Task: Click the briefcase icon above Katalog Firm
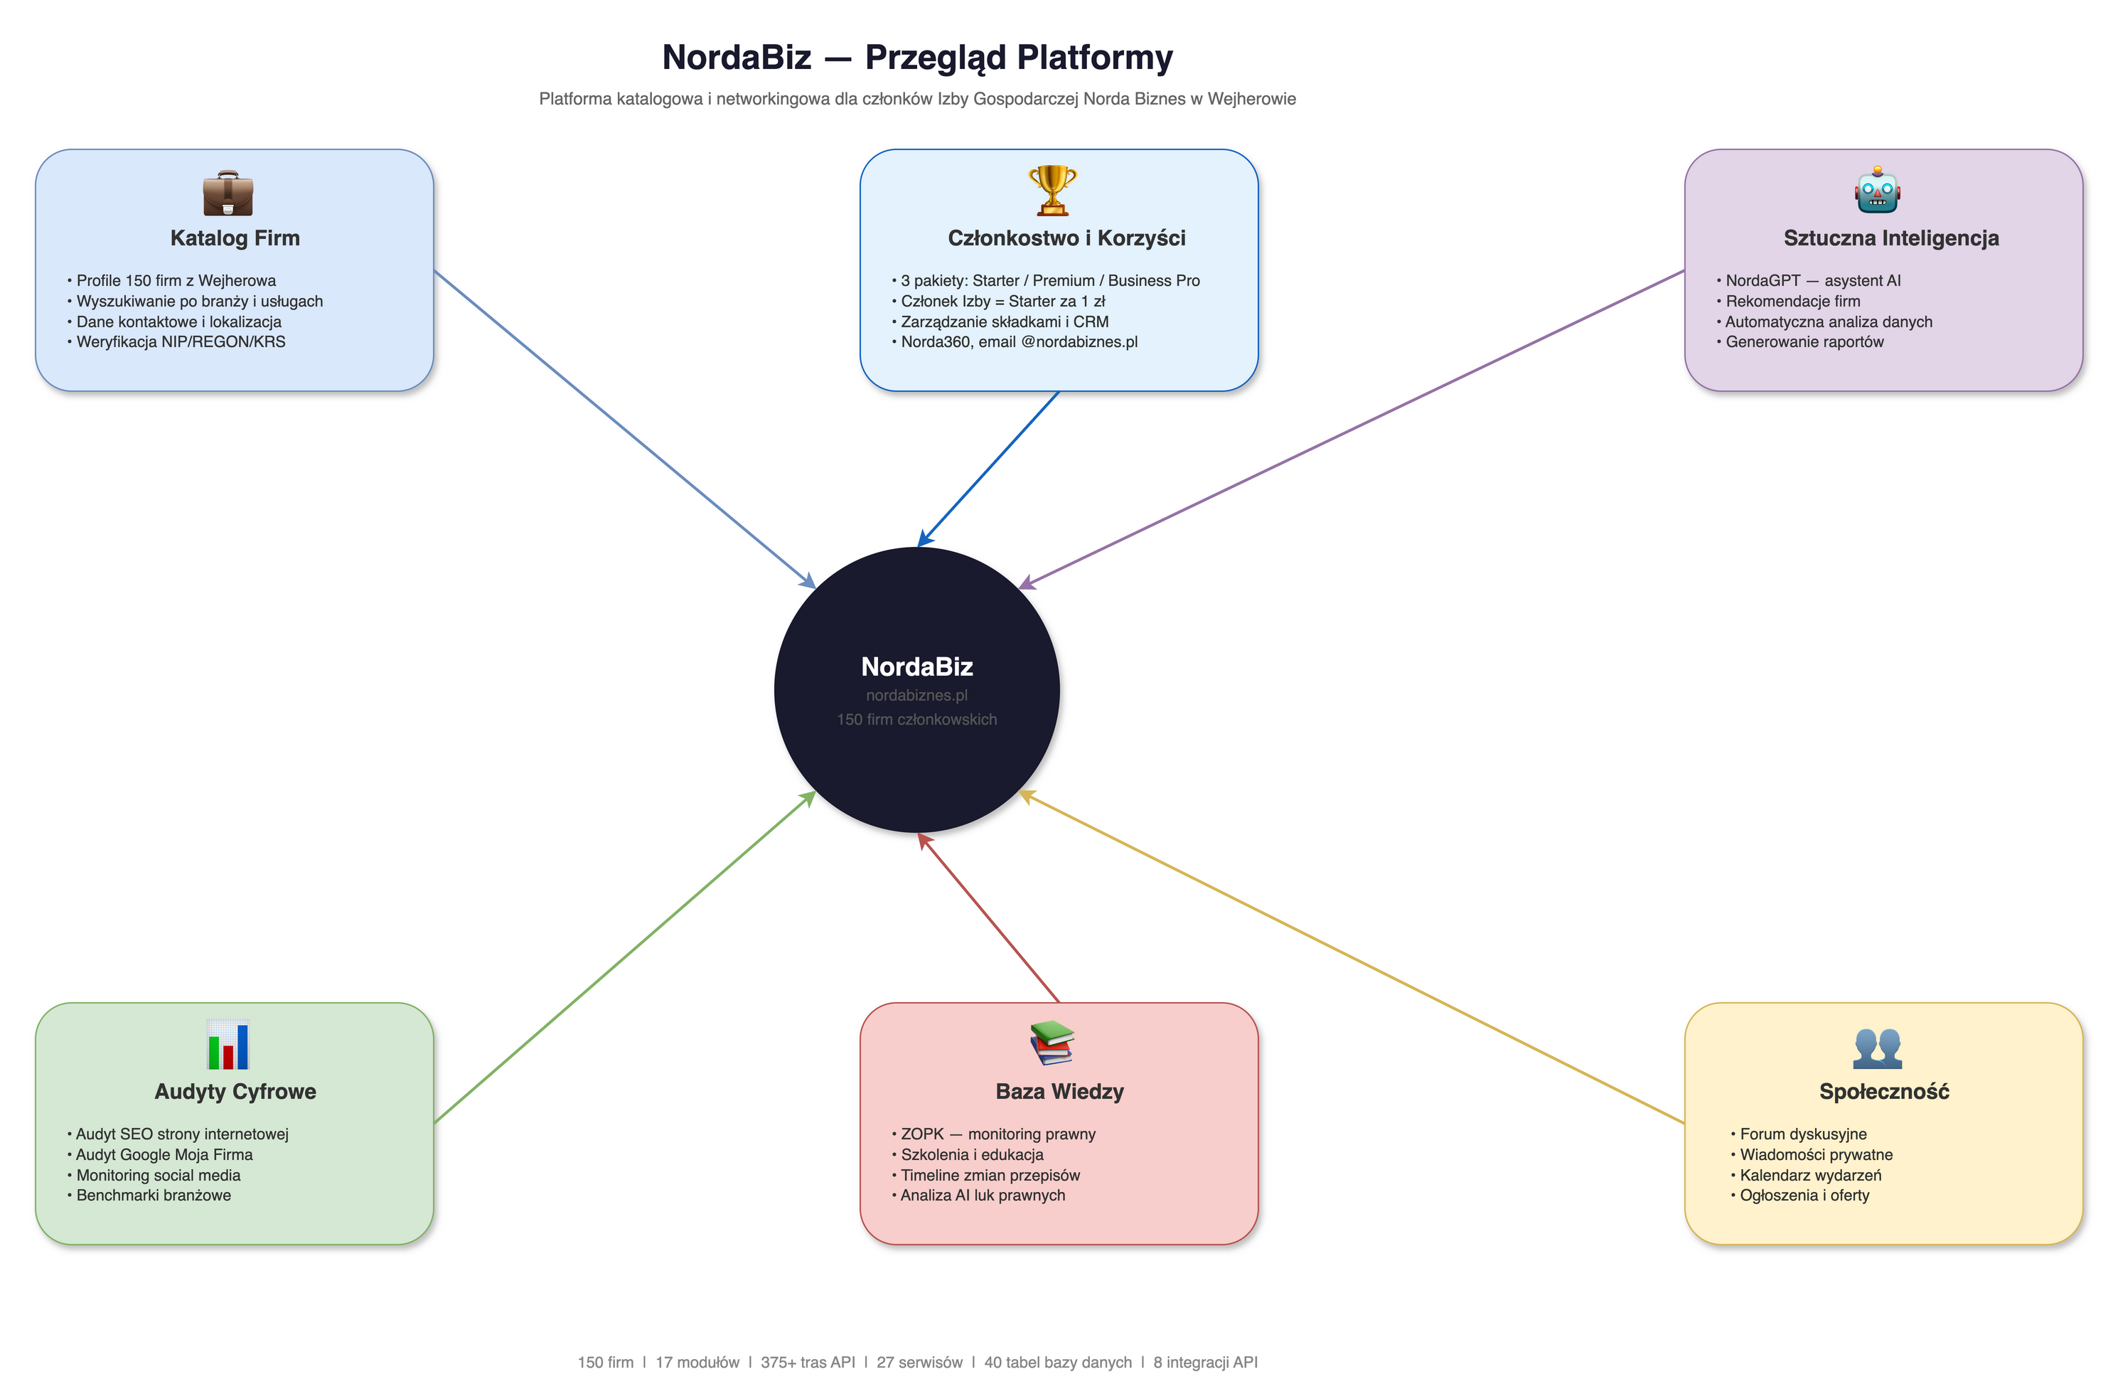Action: pyautogui.click(x=228, y=192)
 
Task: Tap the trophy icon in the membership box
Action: pyautogui.click(x=1052, y=191)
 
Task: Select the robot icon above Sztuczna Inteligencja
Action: pyautogui.click(x=1876, y=191)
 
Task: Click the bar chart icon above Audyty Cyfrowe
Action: pyautogui.click(x=228, y=1044)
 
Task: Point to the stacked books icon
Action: pyautogui.click(x=1052, y=1043)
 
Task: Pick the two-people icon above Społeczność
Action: pyautogui.click(x=1876, y=1047)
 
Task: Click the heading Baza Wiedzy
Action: pyautogui.click(x=1059, y=1091)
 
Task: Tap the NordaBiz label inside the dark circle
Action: pyautogui.click(x=916, y=667)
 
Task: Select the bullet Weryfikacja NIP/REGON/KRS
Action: pyautogui.click(x=181, y=341)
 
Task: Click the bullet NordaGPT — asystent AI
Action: pyautogui.click(x=1812, y=280)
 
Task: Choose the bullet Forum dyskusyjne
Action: pyautogui.click(x=1802, y=1134)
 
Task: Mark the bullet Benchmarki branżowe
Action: pyautogui.click(x=153, y=1195)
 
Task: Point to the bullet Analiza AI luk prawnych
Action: pyautogui.click(x=982, y=1195)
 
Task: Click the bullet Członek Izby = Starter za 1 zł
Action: pyautogui.click(x=1002, y=300)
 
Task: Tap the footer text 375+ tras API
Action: pyautogui.click(x=807, y=1362)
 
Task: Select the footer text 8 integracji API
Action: pyautogui.click(x=1204, y=1362)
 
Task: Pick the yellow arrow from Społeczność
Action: pyautogui.click(x=1351, y=957)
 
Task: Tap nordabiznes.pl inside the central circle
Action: pyautogui.click(x=916, y=696)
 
